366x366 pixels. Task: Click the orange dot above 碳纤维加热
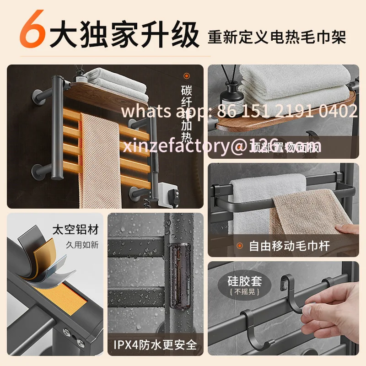[186, 76]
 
